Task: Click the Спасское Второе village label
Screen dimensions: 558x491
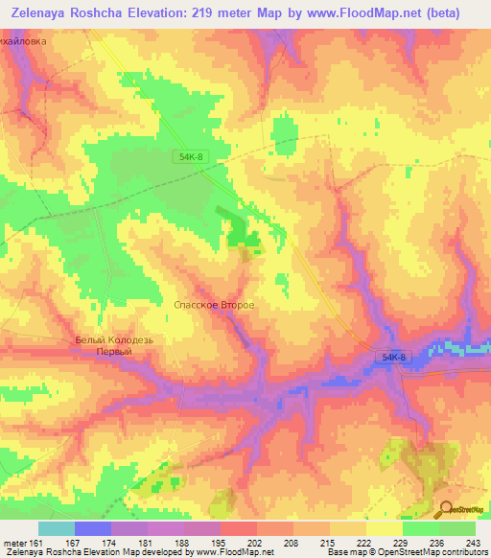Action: (213, 305)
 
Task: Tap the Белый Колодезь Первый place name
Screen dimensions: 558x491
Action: (114, 346)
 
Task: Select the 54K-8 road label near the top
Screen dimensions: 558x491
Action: (191, 155)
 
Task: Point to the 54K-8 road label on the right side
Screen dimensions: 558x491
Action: (393, 358)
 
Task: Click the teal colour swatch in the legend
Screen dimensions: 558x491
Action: (57, 529)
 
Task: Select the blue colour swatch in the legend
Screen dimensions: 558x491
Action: (93, 529)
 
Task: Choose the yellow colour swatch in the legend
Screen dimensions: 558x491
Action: (384, 529)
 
